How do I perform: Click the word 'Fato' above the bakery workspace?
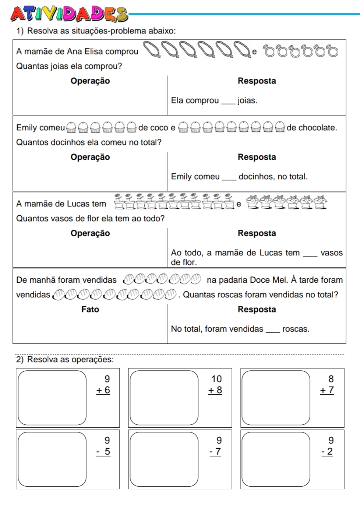90,309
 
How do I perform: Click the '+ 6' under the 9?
103,390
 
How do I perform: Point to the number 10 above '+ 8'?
216,379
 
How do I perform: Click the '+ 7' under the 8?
327,390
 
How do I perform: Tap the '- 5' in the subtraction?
103,452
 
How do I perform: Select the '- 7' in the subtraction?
215,452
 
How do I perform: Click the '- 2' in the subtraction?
327,452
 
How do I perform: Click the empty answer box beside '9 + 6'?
52,398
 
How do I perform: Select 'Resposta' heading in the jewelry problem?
257,81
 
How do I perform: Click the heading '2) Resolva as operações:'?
65,359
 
